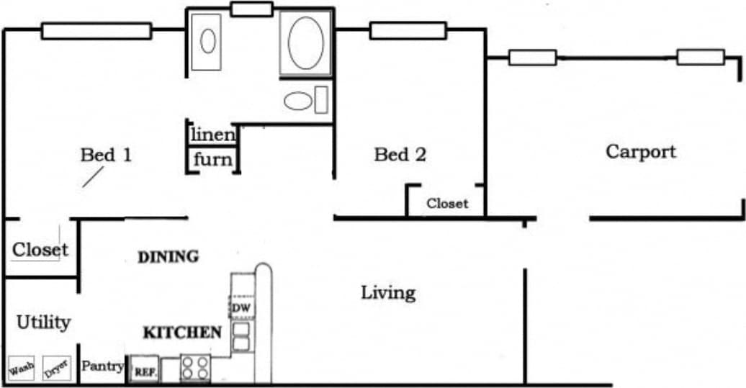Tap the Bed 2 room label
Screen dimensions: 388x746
click(400, 155)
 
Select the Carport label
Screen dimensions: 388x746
click(641, 152)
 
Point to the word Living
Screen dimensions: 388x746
click(388, 293)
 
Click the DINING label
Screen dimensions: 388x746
click(168, 257)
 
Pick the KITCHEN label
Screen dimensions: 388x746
click(182, 333)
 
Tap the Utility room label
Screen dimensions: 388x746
click(43, 322)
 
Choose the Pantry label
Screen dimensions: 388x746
click(102, 366)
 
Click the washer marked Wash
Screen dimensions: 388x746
click(22, 370)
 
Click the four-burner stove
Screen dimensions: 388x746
click(195, 368)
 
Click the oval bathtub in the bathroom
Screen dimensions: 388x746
click(306, 43)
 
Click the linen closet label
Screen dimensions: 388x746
click(213, 135)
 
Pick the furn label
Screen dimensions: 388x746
click(213, 159)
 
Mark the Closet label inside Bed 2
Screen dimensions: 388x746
click(447, 204)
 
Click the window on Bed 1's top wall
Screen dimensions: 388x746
click(96, 31)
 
